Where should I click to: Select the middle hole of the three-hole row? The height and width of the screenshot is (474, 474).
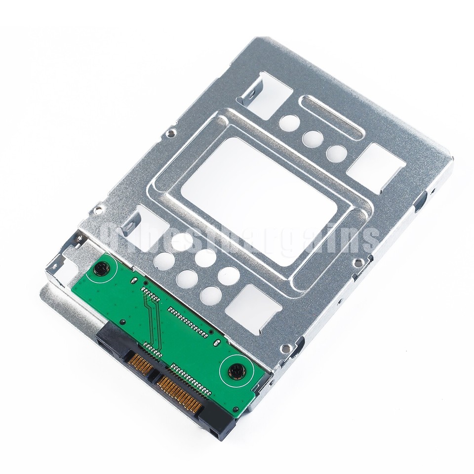[313, 139]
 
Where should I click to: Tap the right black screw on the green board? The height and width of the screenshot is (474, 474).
[237, 370]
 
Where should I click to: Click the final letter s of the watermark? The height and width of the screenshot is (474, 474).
[367, 239]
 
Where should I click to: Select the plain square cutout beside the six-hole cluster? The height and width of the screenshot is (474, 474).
[253, 309]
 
